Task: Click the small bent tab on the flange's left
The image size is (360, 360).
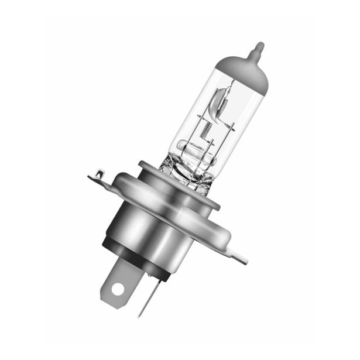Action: (98, 174)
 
